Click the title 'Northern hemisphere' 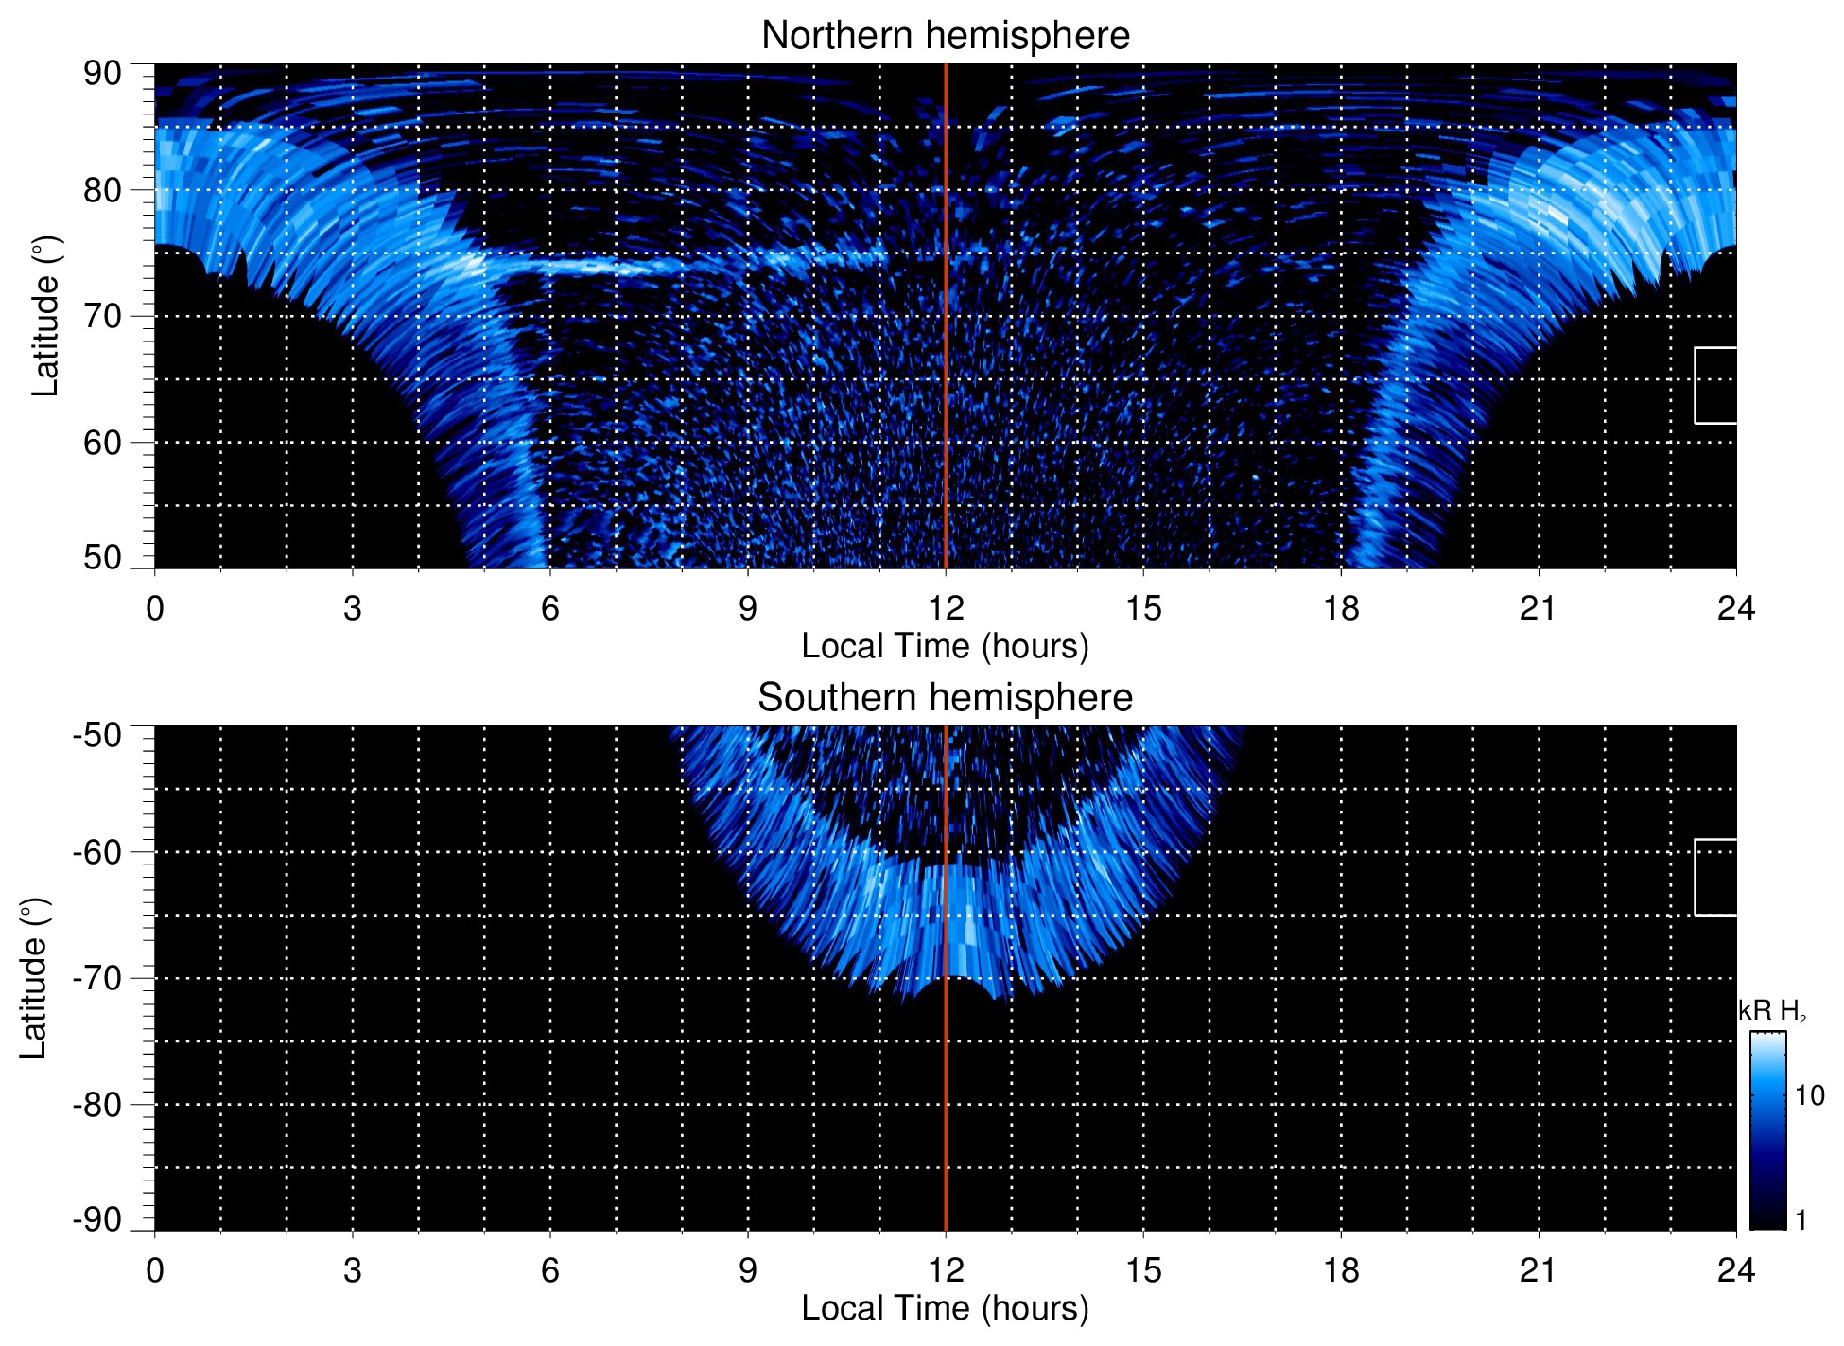[945, 36]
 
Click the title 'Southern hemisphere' [945, 698]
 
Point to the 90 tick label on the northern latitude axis [102, 74]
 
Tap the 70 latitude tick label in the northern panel [102, 316]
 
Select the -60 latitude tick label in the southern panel [97, 852]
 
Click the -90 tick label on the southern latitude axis [97, 1220]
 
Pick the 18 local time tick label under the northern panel [1341, 608]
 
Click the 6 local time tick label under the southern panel [549, 1270]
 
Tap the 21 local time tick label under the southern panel [1539, 1270]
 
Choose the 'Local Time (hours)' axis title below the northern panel [945, 647]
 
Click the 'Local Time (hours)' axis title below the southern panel [945, 1309]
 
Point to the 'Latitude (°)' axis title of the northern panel [45, 317]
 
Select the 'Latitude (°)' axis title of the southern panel [34, 979]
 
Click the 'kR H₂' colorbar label [1771, 1011]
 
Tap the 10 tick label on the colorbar [1809, 1096]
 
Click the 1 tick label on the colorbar [1801, 1220]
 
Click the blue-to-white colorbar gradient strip [1767, 1130]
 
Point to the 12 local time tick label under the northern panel [945, 608]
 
